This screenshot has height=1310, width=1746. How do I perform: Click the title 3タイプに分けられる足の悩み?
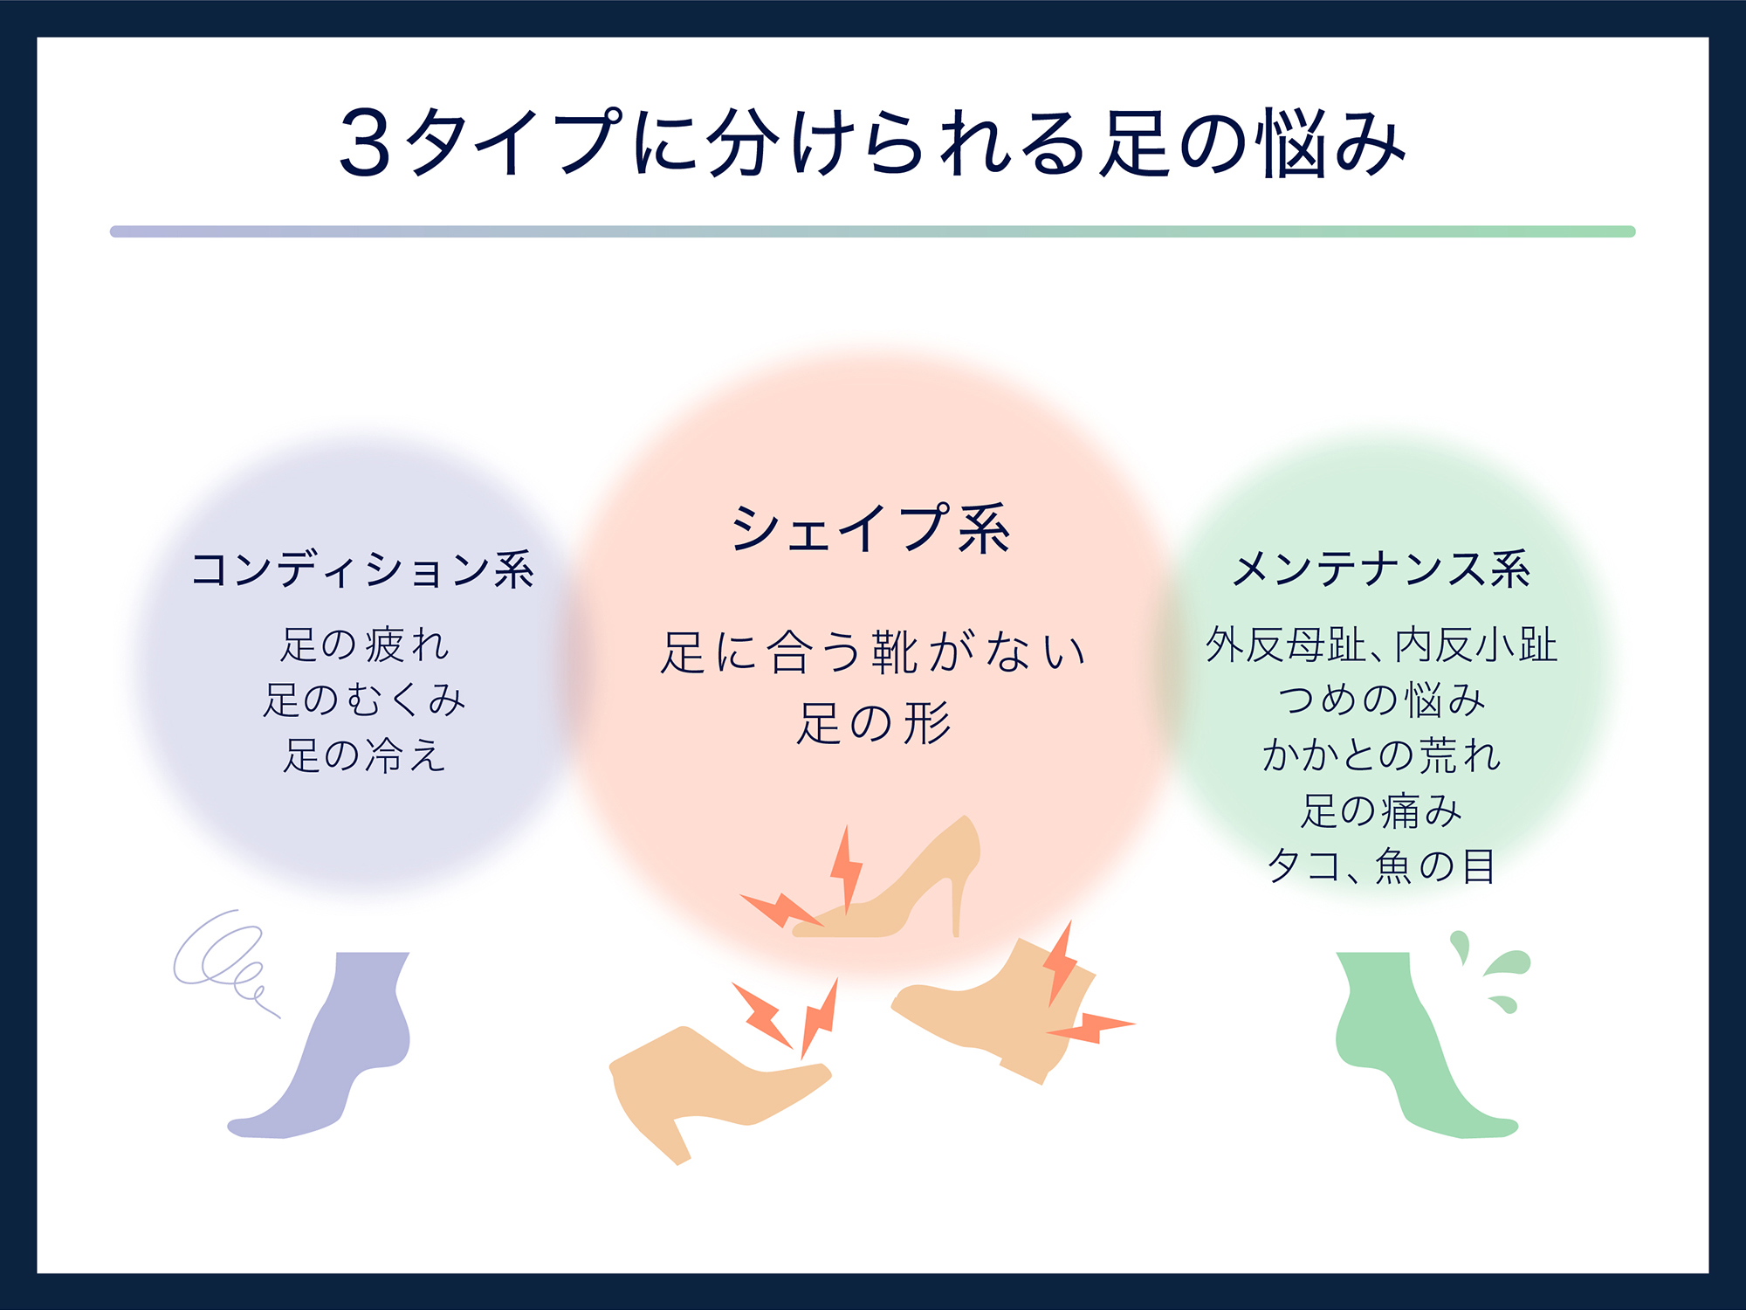872,142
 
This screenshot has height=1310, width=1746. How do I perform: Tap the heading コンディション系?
362,569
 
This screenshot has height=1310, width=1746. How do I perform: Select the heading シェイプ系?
871,528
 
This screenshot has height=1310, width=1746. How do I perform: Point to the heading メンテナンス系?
1381,569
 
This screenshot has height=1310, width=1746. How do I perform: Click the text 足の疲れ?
364,645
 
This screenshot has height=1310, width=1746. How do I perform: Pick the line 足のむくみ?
364,700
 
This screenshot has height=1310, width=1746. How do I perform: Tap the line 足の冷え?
364,755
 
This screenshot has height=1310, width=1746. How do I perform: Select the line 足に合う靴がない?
872,652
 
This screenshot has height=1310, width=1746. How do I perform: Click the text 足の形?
873,723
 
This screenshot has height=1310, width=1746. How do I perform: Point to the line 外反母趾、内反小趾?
1381,645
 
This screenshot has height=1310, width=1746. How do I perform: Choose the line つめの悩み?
1381,700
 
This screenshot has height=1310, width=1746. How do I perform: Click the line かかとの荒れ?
1381,755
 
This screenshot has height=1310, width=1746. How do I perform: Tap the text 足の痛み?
1381,810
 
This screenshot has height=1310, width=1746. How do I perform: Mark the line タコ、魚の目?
1381,865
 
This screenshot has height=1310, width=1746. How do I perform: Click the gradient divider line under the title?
872,231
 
